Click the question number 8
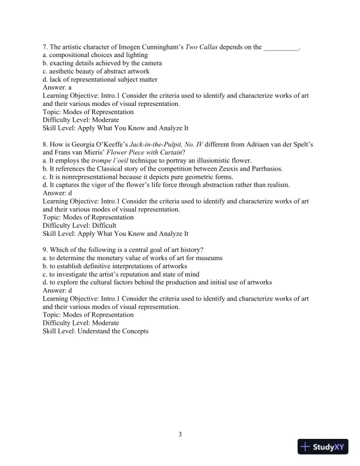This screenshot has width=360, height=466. (45, 144)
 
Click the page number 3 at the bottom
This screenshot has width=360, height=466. (180, 435)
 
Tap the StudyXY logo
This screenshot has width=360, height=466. (323, 447)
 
